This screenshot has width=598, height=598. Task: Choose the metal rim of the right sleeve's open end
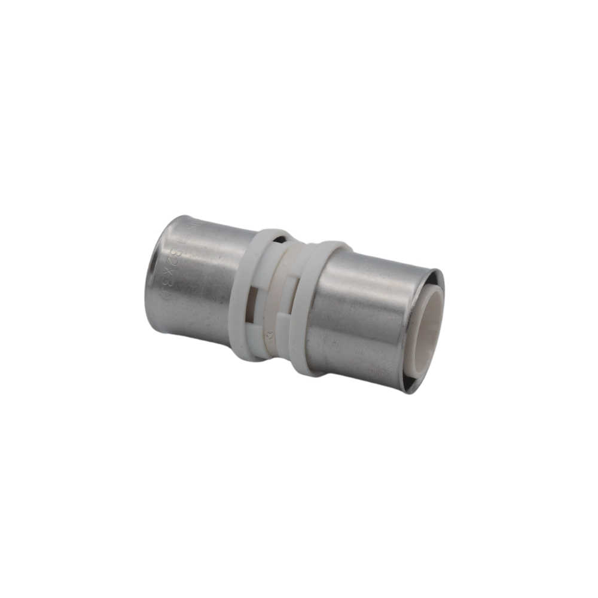440,281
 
